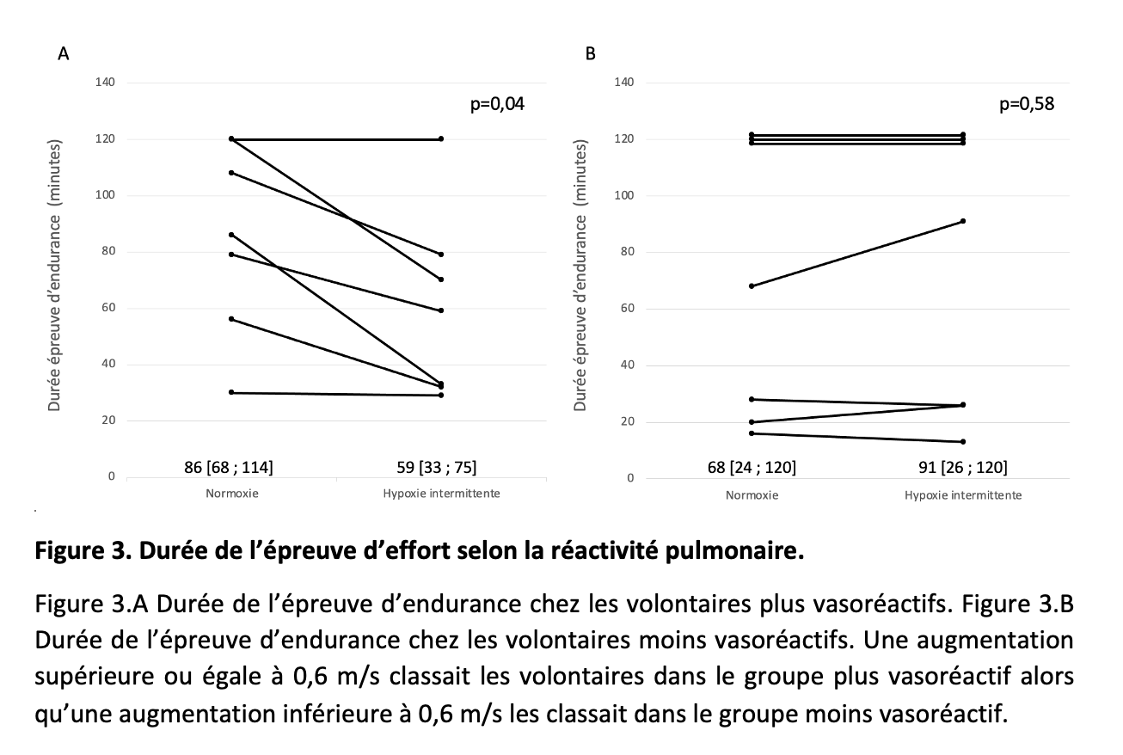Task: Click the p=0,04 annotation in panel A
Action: (496, 105)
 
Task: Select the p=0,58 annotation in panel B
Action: (1027, 105)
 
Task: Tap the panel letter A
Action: (63, 54)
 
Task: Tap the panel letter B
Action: (590, 54)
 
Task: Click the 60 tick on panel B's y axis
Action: (628, 309)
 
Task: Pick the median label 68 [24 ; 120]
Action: (752, 468)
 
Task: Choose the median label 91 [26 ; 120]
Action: (962, 468)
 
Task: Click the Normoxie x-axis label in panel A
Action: (232, 494)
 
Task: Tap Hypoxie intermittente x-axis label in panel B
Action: (962, 495)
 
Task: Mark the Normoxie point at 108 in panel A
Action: (232, 173)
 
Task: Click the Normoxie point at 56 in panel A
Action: (232, 319)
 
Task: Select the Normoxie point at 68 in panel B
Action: (752, 285)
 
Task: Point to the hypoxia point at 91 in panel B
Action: (962, 221)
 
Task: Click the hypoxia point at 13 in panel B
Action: (962, 442)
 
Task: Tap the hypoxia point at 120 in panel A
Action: (441, 138)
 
